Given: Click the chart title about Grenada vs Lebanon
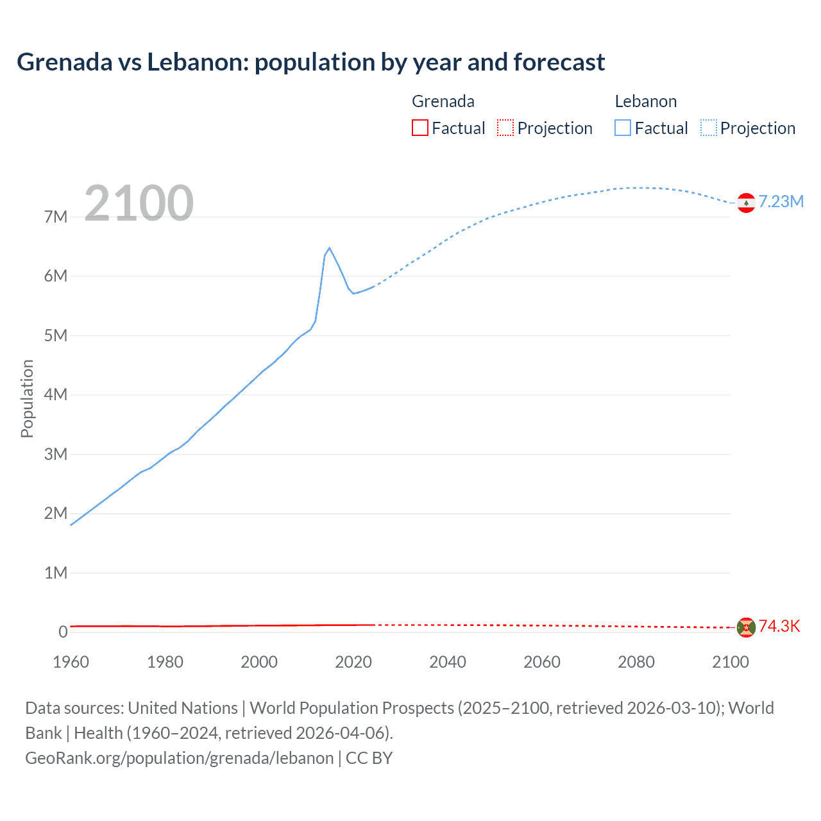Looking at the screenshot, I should tap(310, 62).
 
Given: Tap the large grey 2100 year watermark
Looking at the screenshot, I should tap(139, 203).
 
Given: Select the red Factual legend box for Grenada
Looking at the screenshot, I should tap(419, 128).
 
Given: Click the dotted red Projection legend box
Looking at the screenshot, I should tap(505, 128).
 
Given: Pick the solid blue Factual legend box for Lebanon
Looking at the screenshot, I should tap(623, 128).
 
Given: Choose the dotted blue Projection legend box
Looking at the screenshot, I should tap(709, 128).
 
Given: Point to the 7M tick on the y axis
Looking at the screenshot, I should tap(56, 217).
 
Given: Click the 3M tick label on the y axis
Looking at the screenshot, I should tap(56, 454).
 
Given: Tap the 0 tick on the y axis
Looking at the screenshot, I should tap(63, 632).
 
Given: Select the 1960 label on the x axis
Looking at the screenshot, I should tap(71, 662).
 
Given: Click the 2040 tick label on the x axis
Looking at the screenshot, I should tap(448, 662).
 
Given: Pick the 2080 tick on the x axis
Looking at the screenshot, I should tap(636, 662).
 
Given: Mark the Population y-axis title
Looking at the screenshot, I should tap(27, 398).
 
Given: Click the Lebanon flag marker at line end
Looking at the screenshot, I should tap(746, 203).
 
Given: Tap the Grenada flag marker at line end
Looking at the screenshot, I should tap(746, 627).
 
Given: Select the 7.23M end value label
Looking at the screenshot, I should tap(781, 201).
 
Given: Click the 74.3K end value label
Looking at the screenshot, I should tap(779, 627).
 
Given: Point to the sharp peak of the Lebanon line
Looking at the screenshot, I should tap(329, 248).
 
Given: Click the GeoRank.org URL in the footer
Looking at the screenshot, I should tap(180, 758).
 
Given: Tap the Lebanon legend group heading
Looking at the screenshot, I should tap(645, 101).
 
